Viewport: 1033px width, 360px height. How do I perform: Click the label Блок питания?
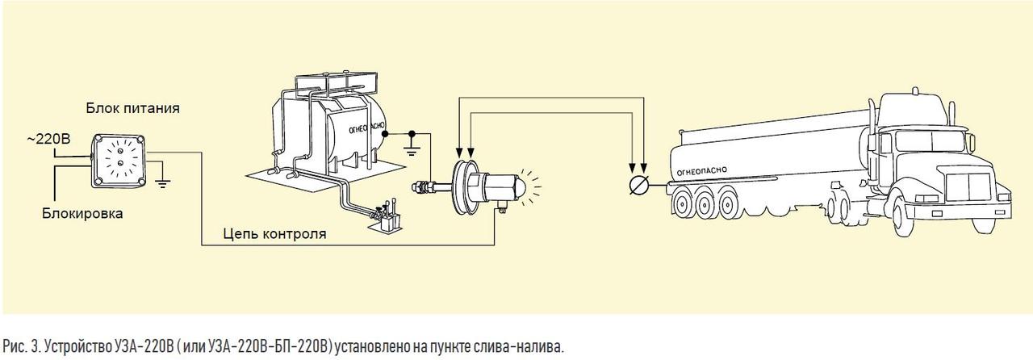click(133, 109)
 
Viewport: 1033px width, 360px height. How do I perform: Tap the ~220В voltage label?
click(48, 139)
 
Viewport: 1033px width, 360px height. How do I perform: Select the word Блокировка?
click(82, 214)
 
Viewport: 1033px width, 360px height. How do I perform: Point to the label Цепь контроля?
click(275, 233)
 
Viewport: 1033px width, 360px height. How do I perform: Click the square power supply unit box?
click(119, 161)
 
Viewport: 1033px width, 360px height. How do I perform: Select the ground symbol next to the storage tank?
click(412, 150)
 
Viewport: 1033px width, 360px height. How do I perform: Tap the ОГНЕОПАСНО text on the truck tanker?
click(701, 171)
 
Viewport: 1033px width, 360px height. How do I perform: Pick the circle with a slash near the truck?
click(639, 185)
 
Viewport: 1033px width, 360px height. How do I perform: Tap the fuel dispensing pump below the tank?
click(386, 217)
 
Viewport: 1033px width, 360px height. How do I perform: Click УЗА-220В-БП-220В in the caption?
click(270, 346)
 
